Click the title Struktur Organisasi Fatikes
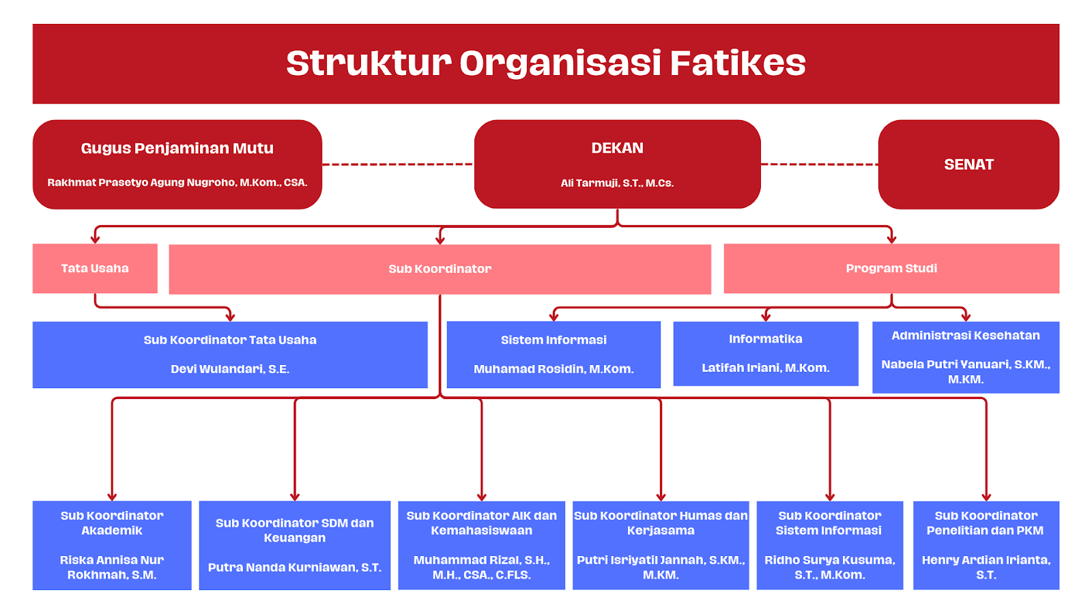[x=545, y=63]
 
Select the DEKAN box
[x=617, y=164]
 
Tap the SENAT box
[x=968, y=164]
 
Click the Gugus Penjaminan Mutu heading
[x=177, y=148]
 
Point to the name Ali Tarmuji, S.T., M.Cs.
[x=617, y=183]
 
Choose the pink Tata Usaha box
[x=95, y=268]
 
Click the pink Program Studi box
[x=891, y=268]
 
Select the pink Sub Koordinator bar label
[x=440, y=269]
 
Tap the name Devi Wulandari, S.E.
[x=230, y=369]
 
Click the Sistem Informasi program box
[x=554, y=354]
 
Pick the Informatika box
[x=765, y=353]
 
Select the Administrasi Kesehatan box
[x=965, y=357]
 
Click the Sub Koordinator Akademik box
[x=112, y=544]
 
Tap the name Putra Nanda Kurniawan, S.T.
[x=294, y=568]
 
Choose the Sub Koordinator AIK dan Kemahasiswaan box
[x=481, y=544]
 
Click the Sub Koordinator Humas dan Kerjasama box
[x=660, y=544]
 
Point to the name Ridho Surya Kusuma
[x=829, y=560]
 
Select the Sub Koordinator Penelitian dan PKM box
[x=986, y=544]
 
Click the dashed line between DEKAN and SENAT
[x=819, y=164]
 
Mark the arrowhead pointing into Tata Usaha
[x=95, y=239]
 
